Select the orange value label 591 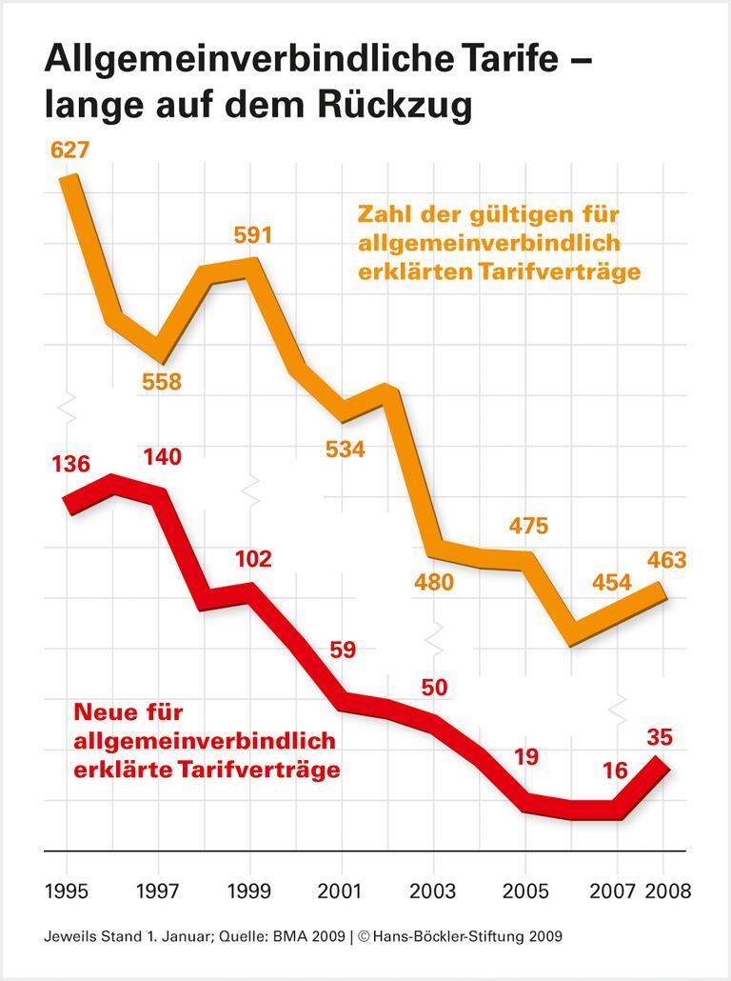252,234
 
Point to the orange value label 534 345,450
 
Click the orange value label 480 434,582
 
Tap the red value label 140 161,457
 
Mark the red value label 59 342,651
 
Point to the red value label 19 526,757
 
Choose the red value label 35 660,735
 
